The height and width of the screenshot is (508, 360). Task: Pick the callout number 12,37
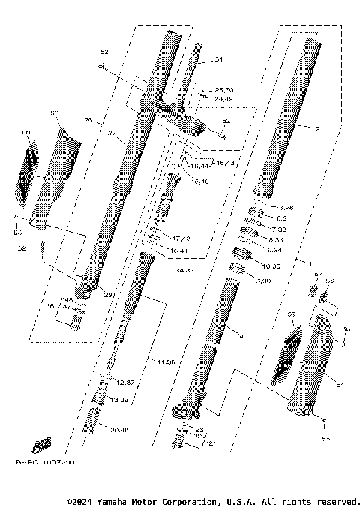(x=124, y=383)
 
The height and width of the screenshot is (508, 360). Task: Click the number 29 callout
(x=108, y=295)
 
